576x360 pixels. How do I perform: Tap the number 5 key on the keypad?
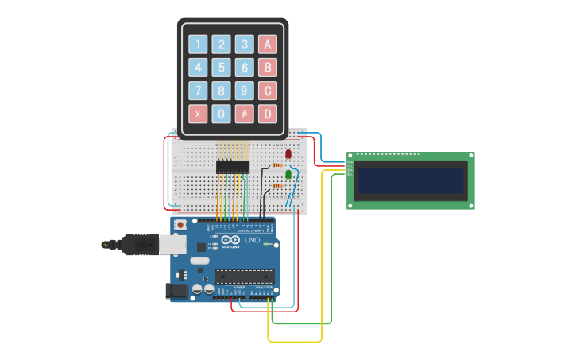click(x=222, y=68)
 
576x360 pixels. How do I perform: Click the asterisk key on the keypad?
click(x=198, y=114)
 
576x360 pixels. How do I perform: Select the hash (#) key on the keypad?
click(x=245, y=114)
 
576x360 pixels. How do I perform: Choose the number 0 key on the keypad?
click(x=222, y=114)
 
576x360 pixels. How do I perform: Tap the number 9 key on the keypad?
click(x=245, y=91)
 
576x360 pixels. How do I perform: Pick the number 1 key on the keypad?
click(x=198, y=45)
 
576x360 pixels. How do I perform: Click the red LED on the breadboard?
click(x=288, y=154)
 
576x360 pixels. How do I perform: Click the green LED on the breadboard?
click(x=288, y=173)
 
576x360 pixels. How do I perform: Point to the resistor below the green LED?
click(x=277, y=185)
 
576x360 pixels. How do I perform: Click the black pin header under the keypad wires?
click(x=233, y=167)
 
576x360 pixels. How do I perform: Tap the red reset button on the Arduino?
click(x=180, y=225)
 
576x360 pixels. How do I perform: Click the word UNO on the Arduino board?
click(x=252, y=240)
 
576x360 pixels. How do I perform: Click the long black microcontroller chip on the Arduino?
click(x=244, y=277)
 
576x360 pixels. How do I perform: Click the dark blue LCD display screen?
click(x=411, y=180)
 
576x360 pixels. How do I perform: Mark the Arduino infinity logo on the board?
click(x=230, y=239)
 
